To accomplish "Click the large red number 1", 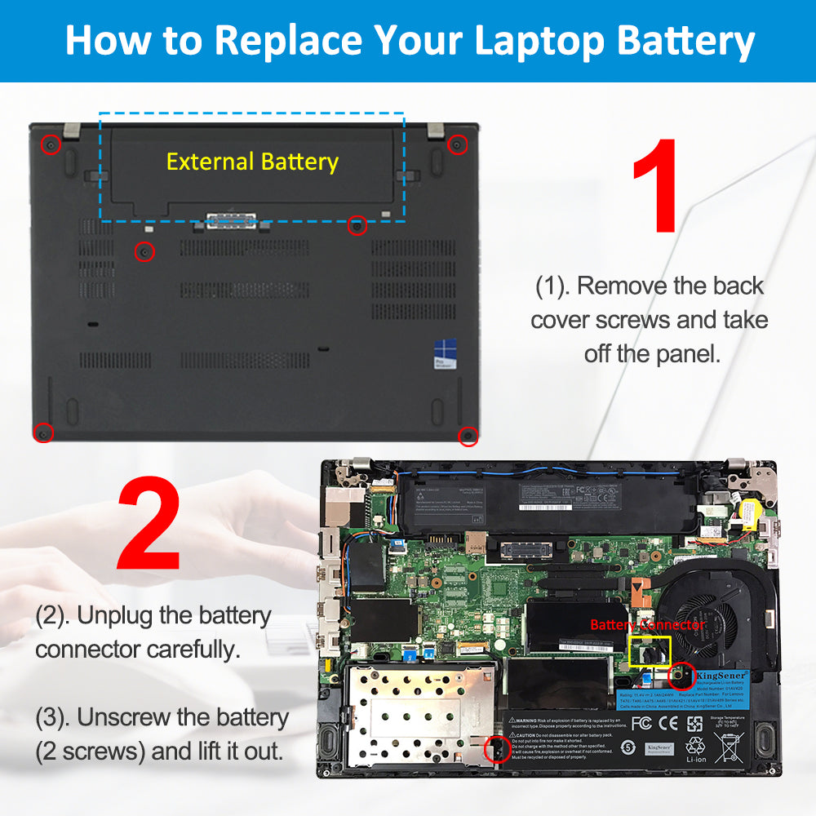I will tap(654, 185).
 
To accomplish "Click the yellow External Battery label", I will tap(252, 162).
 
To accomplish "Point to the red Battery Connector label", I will tap(647, 624).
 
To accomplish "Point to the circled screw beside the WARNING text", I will tap(495, 748).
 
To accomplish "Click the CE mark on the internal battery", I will tap(668, 723).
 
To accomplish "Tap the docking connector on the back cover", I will tap(231, 220).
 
